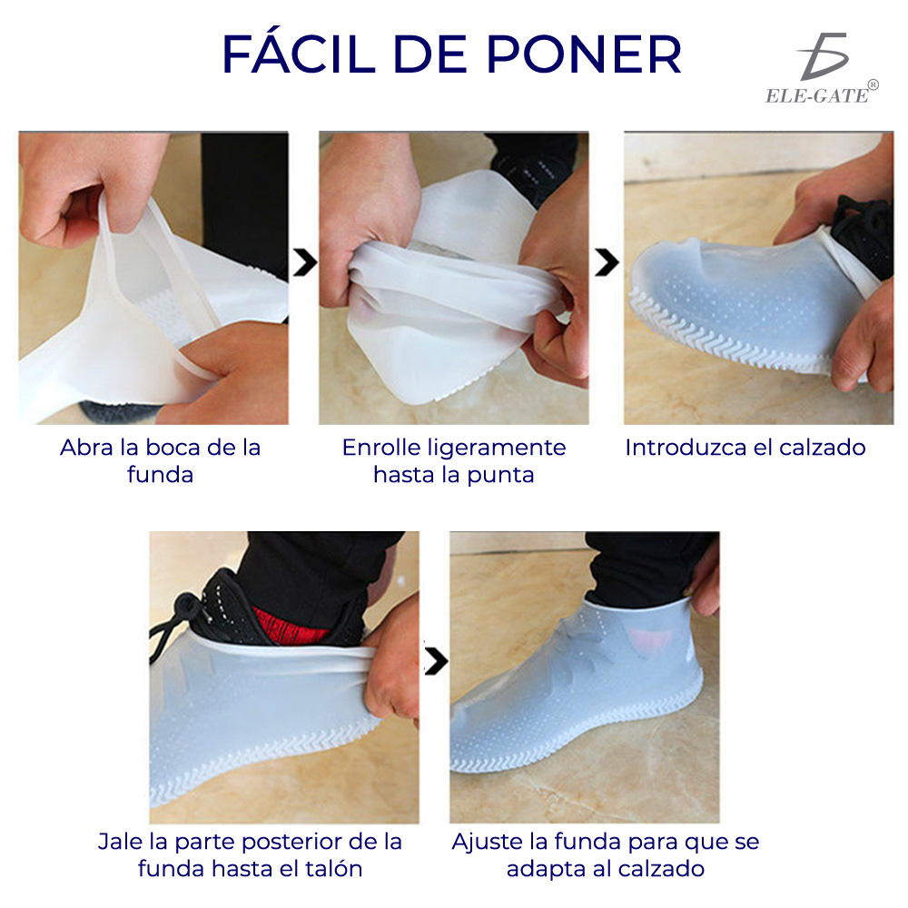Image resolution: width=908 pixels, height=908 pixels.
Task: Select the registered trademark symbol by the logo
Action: tap(873, 84)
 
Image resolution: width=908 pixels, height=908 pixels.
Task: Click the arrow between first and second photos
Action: tap(306, 263)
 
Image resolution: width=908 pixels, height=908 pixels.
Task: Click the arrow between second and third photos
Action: tap(607, 263)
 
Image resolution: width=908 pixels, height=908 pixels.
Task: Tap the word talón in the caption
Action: tap(333, 868)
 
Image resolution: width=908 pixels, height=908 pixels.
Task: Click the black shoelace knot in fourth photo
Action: tap(187, 607)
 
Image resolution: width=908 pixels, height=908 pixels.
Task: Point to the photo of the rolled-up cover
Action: tap(453, 277)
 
